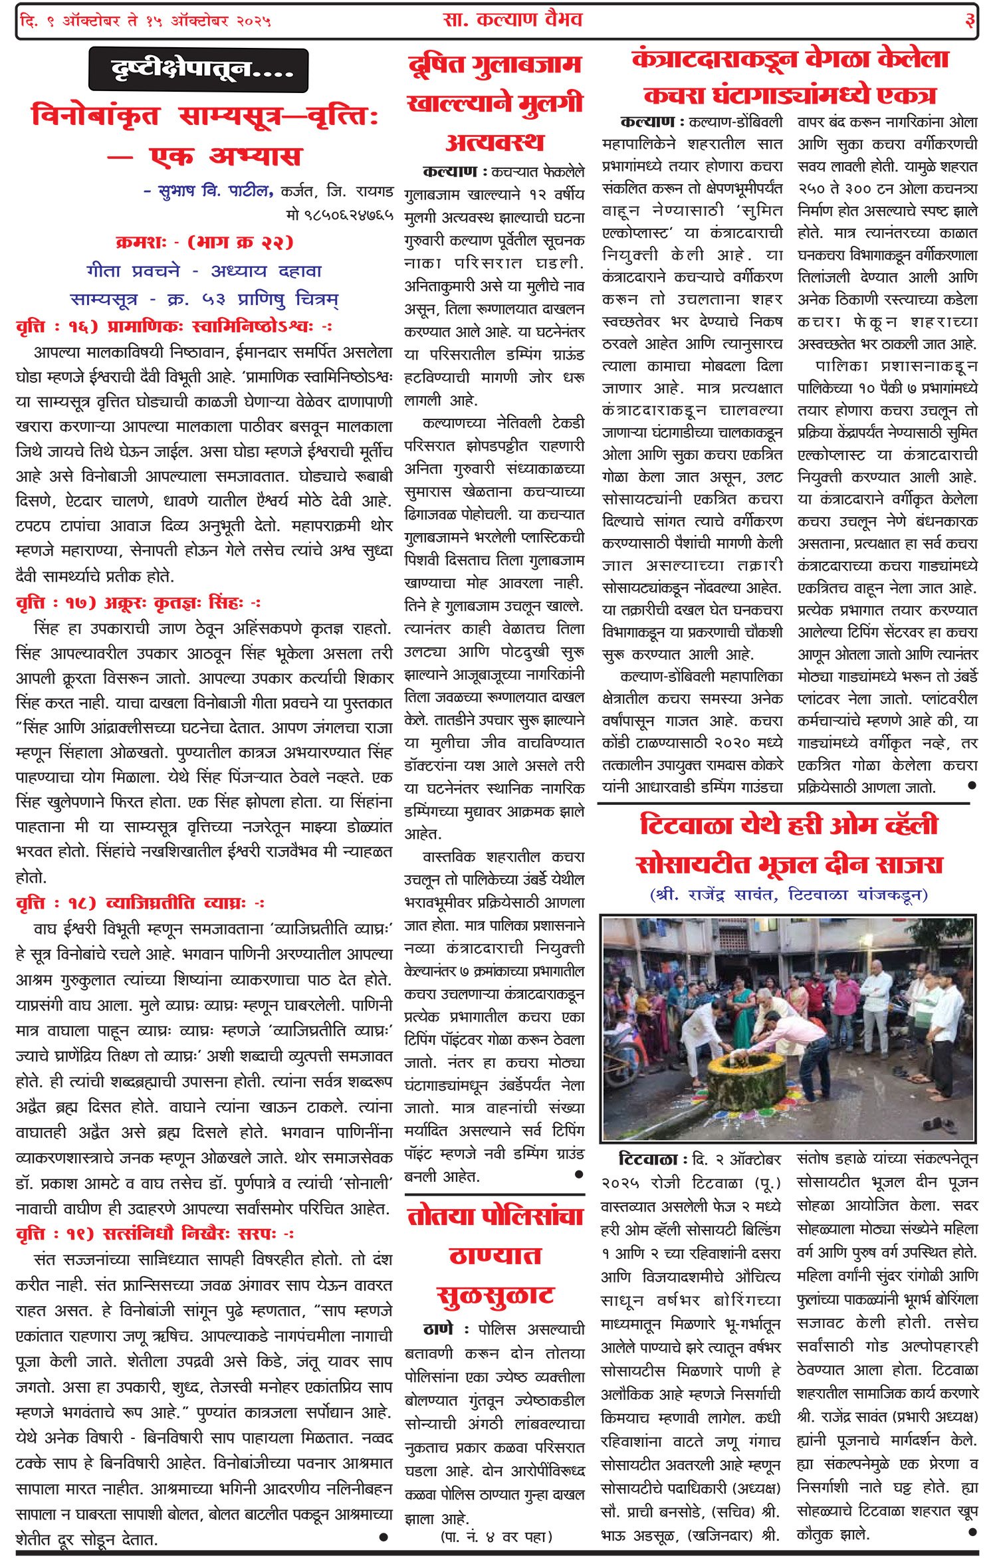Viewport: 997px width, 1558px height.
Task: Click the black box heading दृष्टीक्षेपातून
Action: coord(198,69)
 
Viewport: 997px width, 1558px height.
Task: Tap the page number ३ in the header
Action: coord(970,21)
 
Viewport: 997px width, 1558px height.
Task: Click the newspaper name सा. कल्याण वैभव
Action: coord(512,20)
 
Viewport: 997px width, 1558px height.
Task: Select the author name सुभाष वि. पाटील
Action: coord(208,191)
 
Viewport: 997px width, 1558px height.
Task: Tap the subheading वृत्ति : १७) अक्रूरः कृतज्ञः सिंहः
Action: coord(138,603)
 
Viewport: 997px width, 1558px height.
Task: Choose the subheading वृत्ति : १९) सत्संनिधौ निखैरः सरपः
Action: coord(154,1234)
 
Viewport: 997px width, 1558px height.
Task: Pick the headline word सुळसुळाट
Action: coord(495,1295)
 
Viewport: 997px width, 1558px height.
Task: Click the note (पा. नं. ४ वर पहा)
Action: coord(496,1536)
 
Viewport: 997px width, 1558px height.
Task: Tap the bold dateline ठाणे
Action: coord(439,1329)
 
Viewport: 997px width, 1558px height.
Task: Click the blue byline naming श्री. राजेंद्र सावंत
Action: coord(789,894)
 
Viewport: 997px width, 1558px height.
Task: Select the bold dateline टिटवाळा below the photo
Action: coord(647,1160)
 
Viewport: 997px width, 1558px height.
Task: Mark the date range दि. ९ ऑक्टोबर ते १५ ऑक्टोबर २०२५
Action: coord(146,21)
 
